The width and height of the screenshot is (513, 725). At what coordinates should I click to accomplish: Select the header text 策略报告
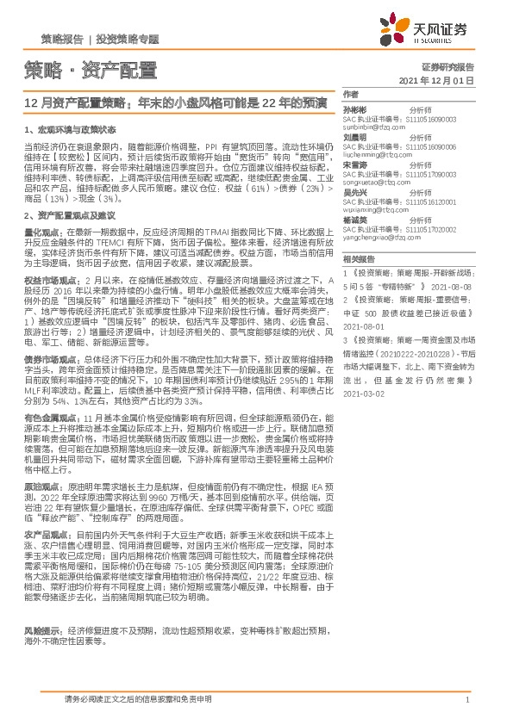pyautogui.click(x=62, y=40)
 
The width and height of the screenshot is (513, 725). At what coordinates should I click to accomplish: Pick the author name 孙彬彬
pyautogui.click(x=356, y=111)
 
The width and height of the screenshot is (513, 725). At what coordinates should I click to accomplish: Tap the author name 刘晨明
pyautogui.click(x=356, y=137)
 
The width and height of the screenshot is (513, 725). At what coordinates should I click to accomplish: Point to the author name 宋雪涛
pyautogui.click(x=356, y=164)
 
